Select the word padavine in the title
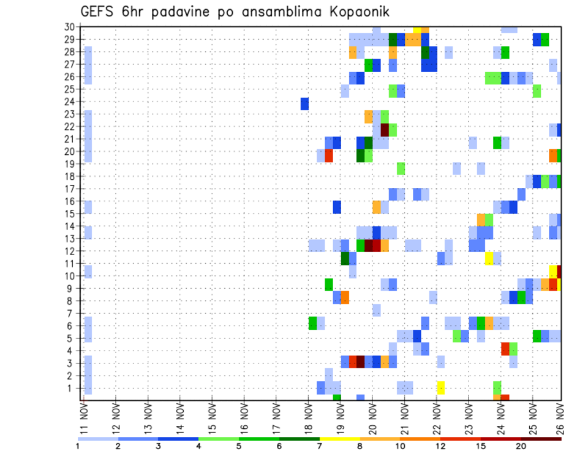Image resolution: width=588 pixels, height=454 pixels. [176, 12]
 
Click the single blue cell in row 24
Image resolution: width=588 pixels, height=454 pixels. [304, 104]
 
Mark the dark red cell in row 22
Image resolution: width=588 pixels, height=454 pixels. [385, 130]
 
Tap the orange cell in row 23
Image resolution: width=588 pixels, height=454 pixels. [368, 116]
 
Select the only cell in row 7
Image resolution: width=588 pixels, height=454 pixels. [376, 310]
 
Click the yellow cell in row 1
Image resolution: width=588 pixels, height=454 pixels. [440, 387]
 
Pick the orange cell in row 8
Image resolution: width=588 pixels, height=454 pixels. [345, 297]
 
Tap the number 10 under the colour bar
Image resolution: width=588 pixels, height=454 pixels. [400, 446]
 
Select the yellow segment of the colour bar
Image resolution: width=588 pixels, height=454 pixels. [340, 439]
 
